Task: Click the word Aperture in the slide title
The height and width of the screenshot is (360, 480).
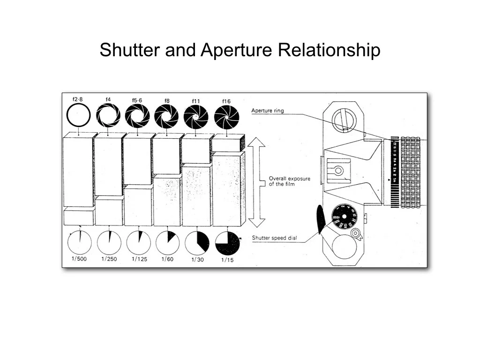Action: click(x=237, y=50)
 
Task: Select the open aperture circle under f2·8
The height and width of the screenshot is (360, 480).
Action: click(x=78, y=115)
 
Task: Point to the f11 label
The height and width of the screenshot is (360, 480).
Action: click(x=196, y=101)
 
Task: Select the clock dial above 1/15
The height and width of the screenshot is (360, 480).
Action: click(x=227, y=243)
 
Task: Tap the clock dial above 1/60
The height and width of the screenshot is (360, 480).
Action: click(x=167, y=243)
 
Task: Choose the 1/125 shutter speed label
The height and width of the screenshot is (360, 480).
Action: click(x=139, y=259)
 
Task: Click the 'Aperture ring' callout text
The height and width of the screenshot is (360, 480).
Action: click(x=268, y=111)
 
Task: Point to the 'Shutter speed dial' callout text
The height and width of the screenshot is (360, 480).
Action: click(x=275, y=238)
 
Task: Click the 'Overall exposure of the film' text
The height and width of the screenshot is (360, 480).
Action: click(x=289, y=181)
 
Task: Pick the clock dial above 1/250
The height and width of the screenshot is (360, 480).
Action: click(x=109, y=243)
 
